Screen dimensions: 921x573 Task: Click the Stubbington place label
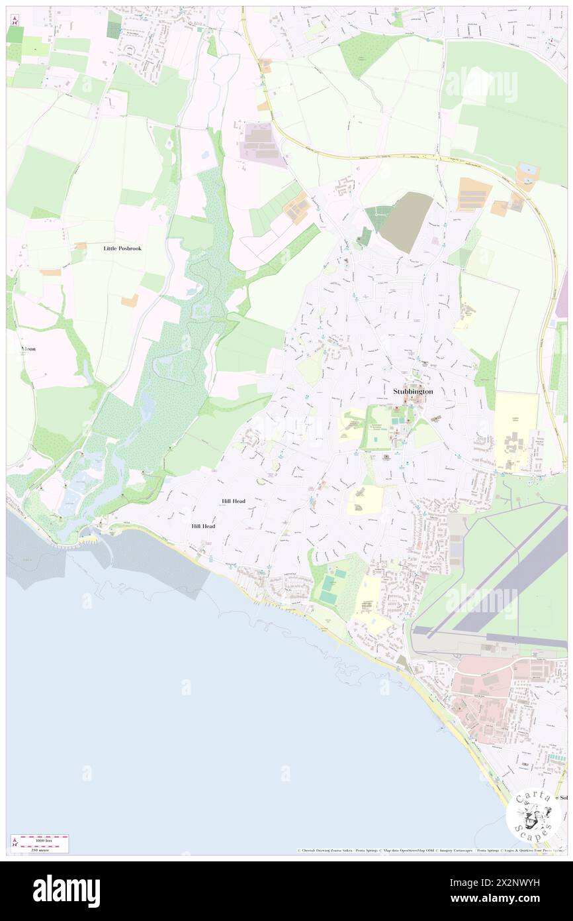tap(413, 392)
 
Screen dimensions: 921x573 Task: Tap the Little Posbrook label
tap(122, 248)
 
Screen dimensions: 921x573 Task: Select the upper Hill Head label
tap(234, 502)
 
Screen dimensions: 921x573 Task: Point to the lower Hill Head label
tap(203, 526)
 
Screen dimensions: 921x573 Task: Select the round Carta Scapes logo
tap(533, 814)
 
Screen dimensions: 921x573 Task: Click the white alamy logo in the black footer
tap(66, 891)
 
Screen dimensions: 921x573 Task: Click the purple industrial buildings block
tap(260, 140)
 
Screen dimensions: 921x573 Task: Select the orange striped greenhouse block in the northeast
tap(474, 194)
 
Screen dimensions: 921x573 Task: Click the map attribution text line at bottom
tap(430, 851)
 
